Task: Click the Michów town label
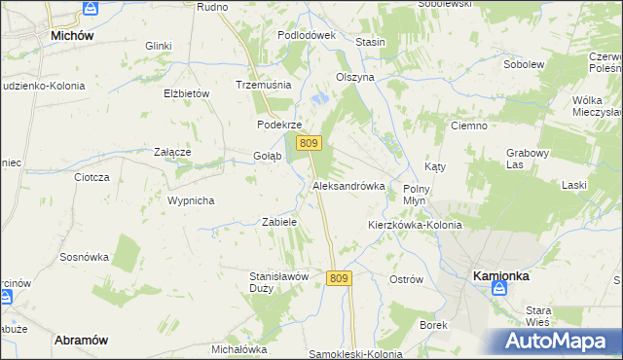coord(71,35)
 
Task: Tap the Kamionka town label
coord(500,275)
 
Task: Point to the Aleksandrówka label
coord(348,185)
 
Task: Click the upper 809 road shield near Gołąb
coord(309,143)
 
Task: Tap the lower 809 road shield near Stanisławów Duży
coord(338,278)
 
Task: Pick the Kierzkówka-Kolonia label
coord(414,225)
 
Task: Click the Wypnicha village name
coord(190,199)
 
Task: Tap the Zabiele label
coord(279,222)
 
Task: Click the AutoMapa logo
coord(558,341)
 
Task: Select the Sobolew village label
coord(522,64)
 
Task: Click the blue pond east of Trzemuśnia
coord(319,98)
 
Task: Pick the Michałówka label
coord(238,348)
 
